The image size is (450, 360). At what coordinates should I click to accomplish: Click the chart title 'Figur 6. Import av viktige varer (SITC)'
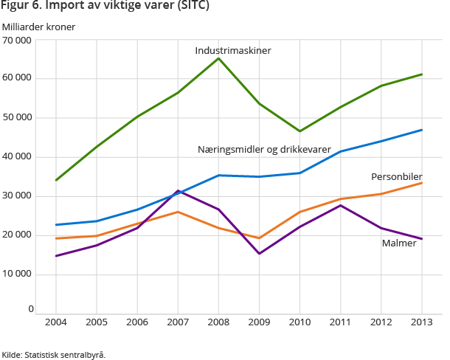(104, 7)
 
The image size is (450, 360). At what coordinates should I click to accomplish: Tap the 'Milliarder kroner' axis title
(38, 27)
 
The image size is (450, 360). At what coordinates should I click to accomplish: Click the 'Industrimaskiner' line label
(233, 51)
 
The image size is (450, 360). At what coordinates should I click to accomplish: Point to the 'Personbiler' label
(396, 177)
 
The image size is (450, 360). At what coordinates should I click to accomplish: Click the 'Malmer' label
(399, 243)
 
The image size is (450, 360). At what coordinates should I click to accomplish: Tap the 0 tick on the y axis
(30, 309)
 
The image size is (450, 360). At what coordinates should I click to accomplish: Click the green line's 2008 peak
(218, 58)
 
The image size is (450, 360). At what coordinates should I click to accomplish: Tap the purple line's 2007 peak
(178, 190)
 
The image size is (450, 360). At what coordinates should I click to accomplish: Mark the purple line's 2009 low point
(259, 254)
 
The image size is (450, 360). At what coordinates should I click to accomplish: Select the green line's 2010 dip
(300, 131)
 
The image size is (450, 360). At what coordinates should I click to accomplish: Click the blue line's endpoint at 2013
(421, 130)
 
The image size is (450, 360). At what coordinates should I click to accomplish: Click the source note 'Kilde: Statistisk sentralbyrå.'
(53, 354)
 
